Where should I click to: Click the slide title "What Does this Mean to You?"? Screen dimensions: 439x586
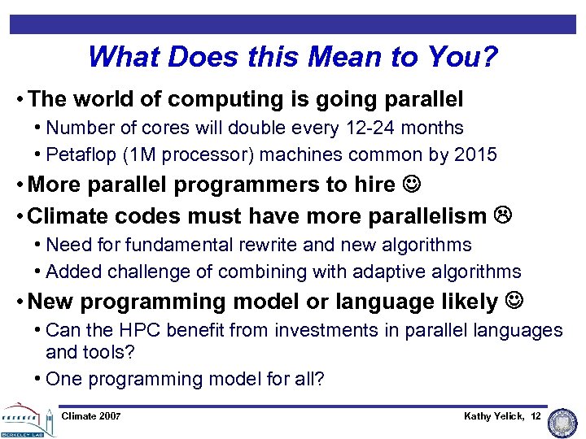[292, 57]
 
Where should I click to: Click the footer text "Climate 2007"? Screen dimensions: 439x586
[91, 416]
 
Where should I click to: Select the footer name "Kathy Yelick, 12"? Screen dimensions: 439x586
[501, 416]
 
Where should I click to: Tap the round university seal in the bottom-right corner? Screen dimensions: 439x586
[562, 423]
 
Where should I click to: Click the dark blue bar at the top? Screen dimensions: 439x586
[292, 24]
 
